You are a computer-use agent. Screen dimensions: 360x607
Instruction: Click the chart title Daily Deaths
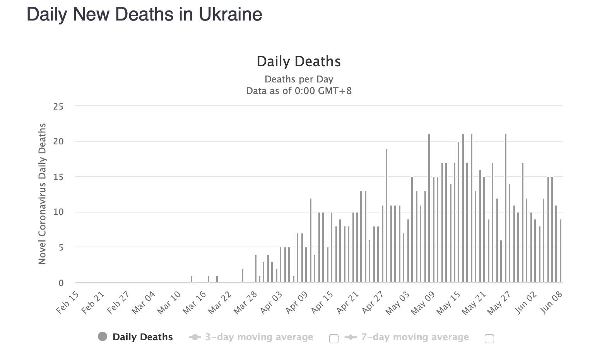tap(299, 62)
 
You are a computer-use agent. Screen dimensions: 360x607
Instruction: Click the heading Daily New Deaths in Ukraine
tap(144, 14)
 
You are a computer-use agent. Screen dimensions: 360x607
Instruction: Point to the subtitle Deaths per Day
tap(299, 79)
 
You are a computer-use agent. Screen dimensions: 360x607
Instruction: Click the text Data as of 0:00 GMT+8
tap(299, 91)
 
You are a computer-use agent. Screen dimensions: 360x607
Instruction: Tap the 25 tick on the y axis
tap(58, 106)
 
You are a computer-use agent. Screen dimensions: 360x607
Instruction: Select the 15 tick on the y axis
tap(58, 177)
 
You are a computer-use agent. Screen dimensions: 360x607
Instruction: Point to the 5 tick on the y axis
tap(61, 247)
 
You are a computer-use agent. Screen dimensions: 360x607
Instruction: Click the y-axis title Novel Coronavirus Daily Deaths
tap(42, 194)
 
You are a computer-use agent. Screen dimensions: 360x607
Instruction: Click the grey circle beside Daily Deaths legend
tap(103, 337)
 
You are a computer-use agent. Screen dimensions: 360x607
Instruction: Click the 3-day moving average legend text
tap(259, 337)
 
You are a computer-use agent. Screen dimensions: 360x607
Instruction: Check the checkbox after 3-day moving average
tap(333, 339)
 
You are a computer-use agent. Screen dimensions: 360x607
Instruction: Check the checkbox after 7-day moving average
tap(489, 339)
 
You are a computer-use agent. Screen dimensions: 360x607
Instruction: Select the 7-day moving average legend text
tap(415, 337)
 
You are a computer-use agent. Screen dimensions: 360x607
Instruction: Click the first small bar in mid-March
tap(192, 279)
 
